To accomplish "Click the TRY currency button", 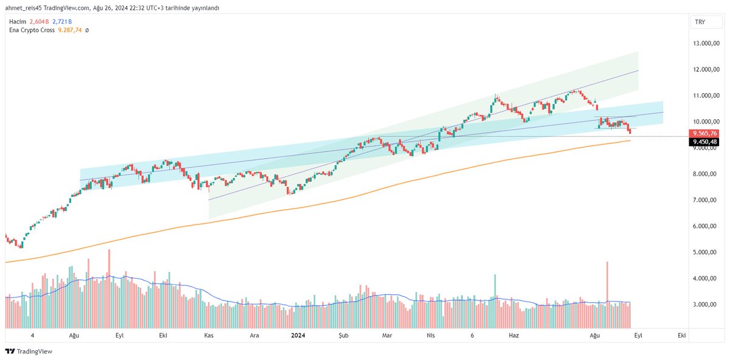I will click(x=700, y=22).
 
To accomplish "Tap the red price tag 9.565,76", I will click(x=704, y=133).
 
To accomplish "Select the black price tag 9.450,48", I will click(x=704, y=142).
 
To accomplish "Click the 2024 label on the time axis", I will click(x=298, y=335).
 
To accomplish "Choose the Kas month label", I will click(x=209, y=335).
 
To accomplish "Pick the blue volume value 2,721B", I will click(x=61, y=21).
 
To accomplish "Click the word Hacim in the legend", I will click(x=16, y=21).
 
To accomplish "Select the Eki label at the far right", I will click(x=681, y=335).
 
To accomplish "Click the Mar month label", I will click(x=387, y=335).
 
